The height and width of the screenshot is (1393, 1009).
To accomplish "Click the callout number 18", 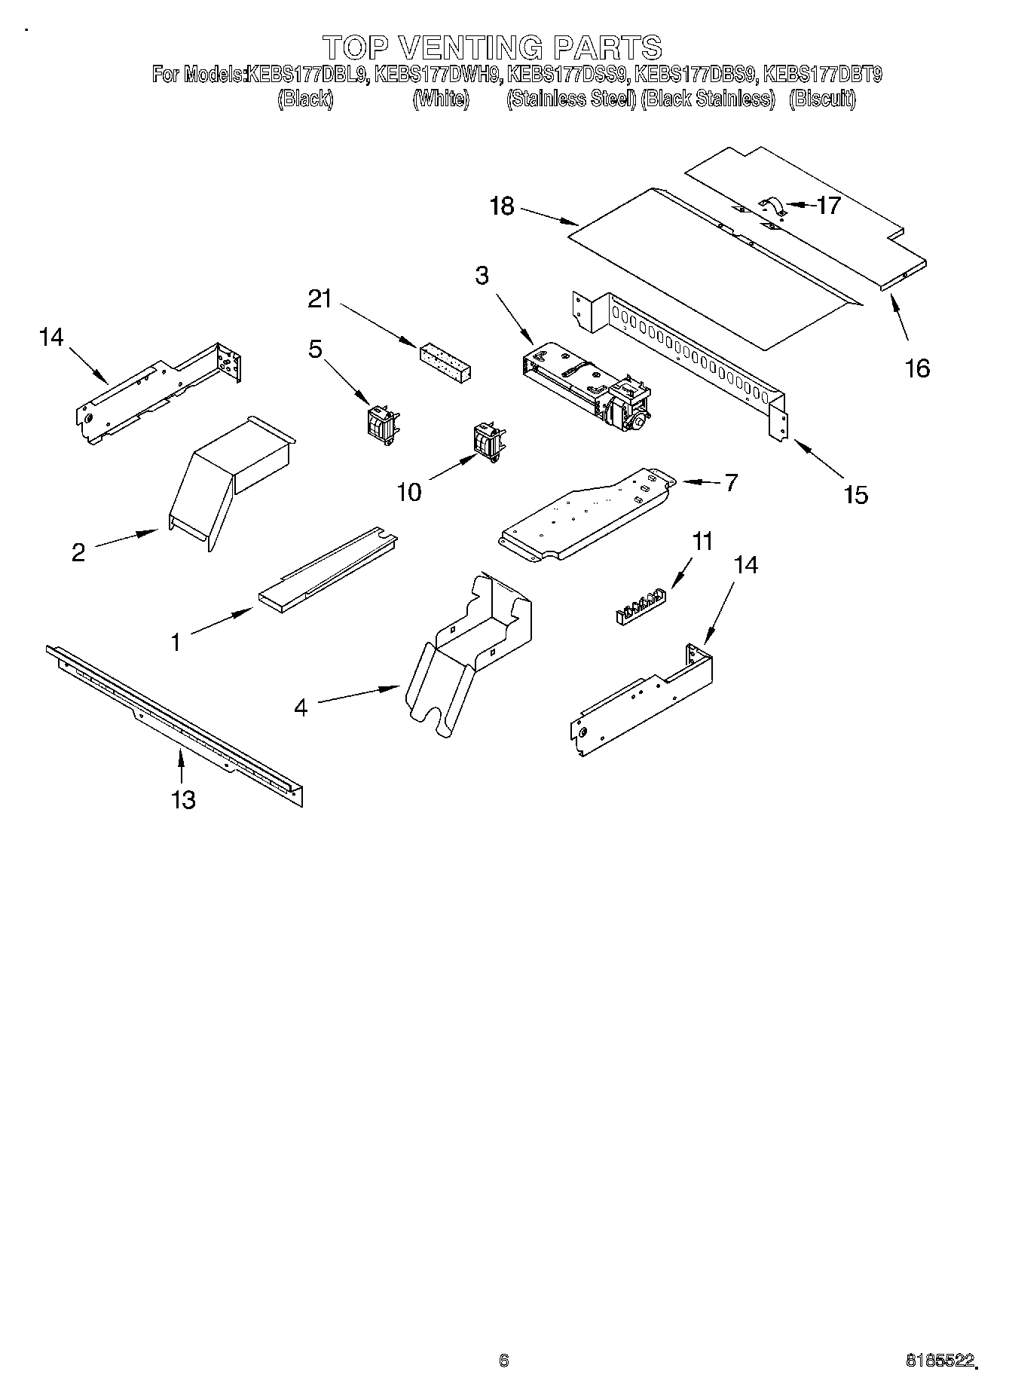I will (x=501, y=206).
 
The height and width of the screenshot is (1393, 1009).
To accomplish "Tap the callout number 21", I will (x=320, y=299).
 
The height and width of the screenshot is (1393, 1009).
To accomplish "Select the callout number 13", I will (x=183, y=799).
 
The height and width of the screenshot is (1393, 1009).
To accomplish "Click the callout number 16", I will (x=917, y=368).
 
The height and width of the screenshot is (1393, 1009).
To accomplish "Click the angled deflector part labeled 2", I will (x=226, y=482).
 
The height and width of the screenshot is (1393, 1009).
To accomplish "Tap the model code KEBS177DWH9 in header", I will (x=437, y=75).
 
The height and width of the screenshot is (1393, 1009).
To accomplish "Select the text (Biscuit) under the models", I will (x=822, y=99).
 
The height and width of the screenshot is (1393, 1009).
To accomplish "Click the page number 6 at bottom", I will (x=503, y=1360).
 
